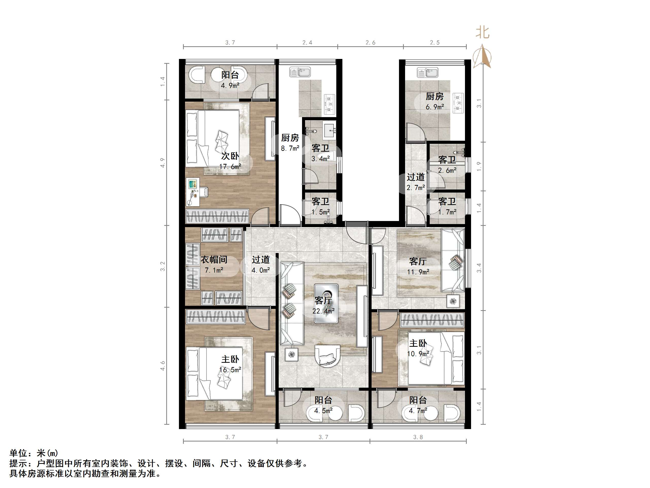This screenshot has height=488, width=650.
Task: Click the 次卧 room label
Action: click(x=230, y=156)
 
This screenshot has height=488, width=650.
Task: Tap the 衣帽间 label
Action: click(x=214, y=259)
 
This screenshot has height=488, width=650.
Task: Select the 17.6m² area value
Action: click(x=230, y=167)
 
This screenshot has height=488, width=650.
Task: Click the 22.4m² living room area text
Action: click(x=323, y=311)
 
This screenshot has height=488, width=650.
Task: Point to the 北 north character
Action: click(x=482, y=32)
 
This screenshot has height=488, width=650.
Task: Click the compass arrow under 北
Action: click(x=482, y=56)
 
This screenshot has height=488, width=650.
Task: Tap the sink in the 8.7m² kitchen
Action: click(x=300, y=72)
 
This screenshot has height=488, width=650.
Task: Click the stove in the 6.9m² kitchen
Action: click(x=458, y=103)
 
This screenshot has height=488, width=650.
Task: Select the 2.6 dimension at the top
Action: click(x=371, y=43)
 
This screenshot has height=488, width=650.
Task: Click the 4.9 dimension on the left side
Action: click(x=162, y=163)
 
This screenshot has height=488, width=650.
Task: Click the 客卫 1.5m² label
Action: click(x=320, y=207)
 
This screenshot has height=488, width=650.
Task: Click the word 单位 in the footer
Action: click(x=18, y=453)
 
